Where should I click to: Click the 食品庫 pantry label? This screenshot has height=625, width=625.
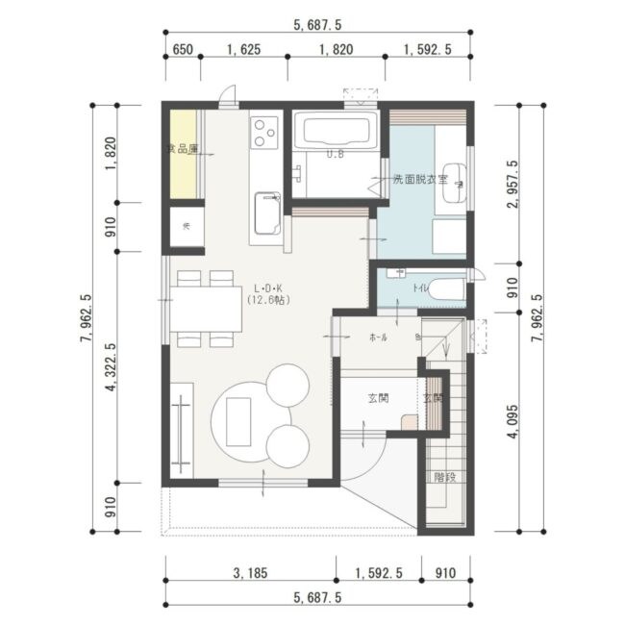point(182,149)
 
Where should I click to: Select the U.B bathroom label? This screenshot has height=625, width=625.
point(336,154)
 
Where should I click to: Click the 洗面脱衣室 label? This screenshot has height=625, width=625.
point(418,180)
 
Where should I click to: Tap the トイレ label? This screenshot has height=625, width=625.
point(419,287)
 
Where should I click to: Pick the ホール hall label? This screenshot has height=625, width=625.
point(379,337)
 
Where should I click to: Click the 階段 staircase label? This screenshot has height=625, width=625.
point(443,475)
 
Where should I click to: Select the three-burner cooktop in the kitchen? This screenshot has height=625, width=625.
point(264,132)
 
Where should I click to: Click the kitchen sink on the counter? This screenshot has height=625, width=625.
point(267,212)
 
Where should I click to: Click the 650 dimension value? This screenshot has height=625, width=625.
point(181,49)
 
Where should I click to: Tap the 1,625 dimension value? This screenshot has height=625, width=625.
point(243,49)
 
